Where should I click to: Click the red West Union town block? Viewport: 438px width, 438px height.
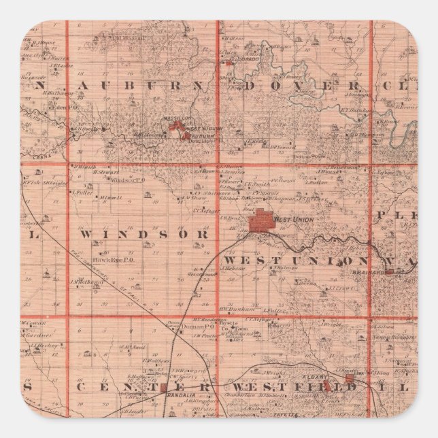260,222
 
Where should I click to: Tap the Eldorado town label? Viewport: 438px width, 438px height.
241,61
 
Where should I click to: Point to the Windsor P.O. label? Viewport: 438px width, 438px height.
129,180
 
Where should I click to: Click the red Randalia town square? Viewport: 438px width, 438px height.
164,388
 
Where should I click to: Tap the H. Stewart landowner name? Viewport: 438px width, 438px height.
108,173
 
